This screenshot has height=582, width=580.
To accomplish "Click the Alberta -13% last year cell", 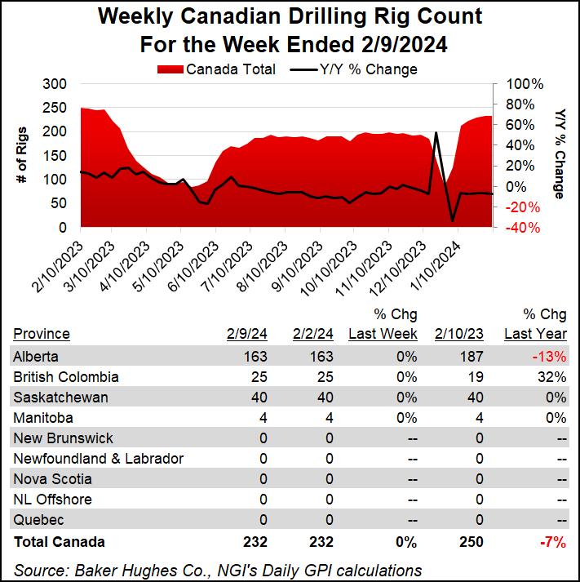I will tap(551, 357).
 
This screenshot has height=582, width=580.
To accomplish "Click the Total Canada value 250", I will tap(471, 541).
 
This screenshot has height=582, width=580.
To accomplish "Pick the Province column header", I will tap(41, 333).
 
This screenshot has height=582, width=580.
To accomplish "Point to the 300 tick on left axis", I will tap(55, 84).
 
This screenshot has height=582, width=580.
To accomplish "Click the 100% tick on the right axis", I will tap(525, 84).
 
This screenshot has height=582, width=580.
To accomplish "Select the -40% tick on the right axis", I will tap(524, 228).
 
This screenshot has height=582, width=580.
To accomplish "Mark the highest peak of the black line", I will tap(436, 132).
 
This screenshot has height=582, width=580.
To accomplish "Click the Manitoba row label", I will tap(40, 418).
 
